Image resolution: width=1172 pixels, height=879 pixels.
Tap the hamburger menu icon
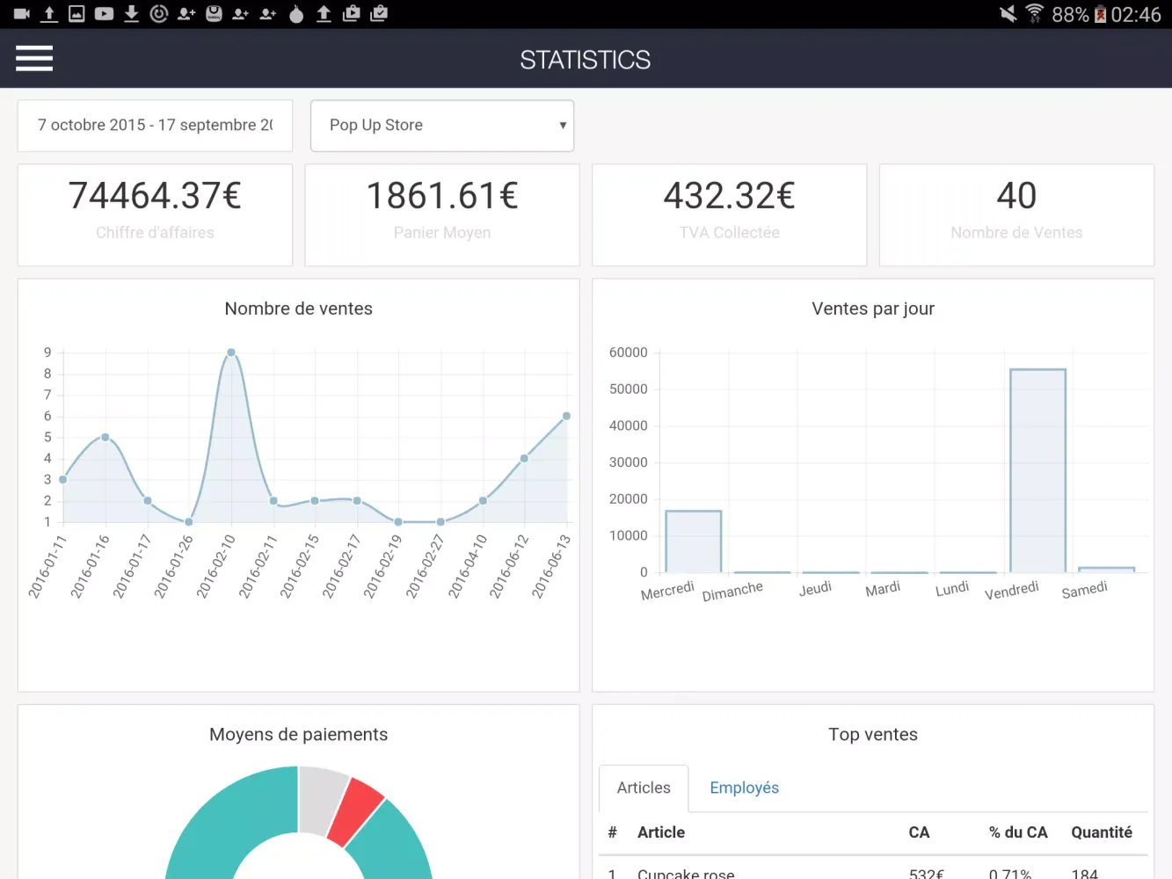coord(34,59)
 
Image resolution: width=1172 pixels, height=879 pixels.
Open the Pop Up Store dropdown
coord(442,126)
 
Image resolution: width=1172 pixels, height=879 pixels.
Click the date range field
coord(155,126)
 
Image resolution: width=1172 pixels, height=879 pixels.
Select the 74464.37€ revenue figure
coord(155,196)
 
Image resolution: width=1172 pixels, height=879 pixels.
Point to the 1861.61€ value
coord(442,196)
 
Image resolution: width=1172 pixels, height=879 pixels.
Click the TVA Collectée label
coord(729,233)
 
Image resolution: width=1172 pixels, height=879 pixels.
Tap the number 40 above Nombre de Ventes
coord(1016,196)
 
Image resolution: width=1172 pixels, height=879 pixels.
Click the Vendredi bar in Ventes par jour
coord(1037,470)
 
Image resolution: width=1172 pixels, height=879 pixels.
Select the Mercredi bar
coord(694,541)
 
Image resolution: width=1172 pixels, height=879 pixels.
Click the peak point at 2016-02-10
coord(231,352)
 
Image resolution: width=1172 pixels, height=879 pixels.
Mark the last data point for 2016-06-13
coord(566,416)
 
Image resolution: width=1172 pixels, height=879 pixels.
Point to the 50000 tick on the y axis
coord(628,389)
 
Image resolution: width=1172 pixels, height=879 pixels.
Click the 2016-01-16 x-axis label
coord(91,566)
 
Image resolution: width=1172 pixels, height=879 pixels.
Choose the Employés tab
coord(744,788)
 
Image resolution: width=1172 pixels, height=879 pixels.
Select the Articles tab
coord(644,788)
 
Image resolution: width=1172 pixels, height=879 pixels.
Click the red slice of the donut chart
coord(356,810)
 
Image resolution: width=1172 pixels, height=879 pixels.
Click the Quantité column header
coord(1101,832)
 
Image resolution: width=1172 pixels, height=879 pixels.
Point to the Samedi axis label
coord(1084,590)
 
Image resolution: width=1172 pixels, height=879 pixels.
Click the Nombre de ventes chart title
coord(298,309)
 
